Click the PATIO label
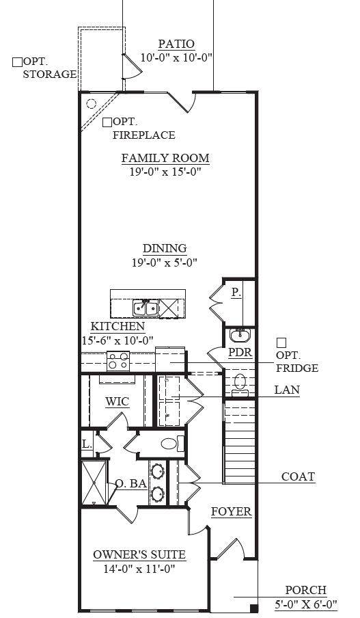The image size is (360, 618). click(x=176, y=44)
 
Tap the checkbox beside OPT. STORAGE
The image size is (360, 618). click(x=17, y=62)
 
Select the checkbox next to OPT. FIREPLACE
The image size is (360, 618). click(x=107, y=122)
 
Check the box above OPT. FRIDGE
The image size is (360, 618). click(x=281, y=342)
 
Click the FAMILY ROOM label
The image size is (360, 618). click(x=165, y=158)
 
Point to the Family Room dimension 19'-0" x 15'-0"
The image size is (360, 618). click(x=165, y=172)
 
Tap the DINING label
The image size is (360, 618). click(x=165, y=248)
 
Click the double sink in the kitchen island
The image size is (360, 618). click(x=146, y=308)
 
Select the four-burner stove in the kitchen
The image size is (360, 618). click(x=118, y=361)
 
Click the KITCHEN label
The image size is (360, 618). click(x=117, y=326)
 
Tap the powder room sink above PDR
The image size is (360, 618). click(x=240, y=336)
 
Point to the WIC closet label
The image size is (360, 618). click(x=117, y=401)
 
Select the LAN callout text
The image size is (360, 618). click(x=287, y=390)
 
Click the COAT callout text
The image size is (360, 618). click(x=298, y=476)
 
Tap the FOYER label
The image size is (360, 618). click(x=231, y=511)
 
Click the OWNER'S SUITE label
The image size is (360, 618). click(x=139, y=554)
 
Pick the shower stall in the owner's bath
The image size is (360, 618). click(x=94, y=483)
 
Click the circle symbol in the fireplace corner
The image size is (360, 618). click(x=91, y=104)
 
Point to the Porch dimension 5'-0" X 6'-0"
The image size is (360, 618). click(x=306, y=604)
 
